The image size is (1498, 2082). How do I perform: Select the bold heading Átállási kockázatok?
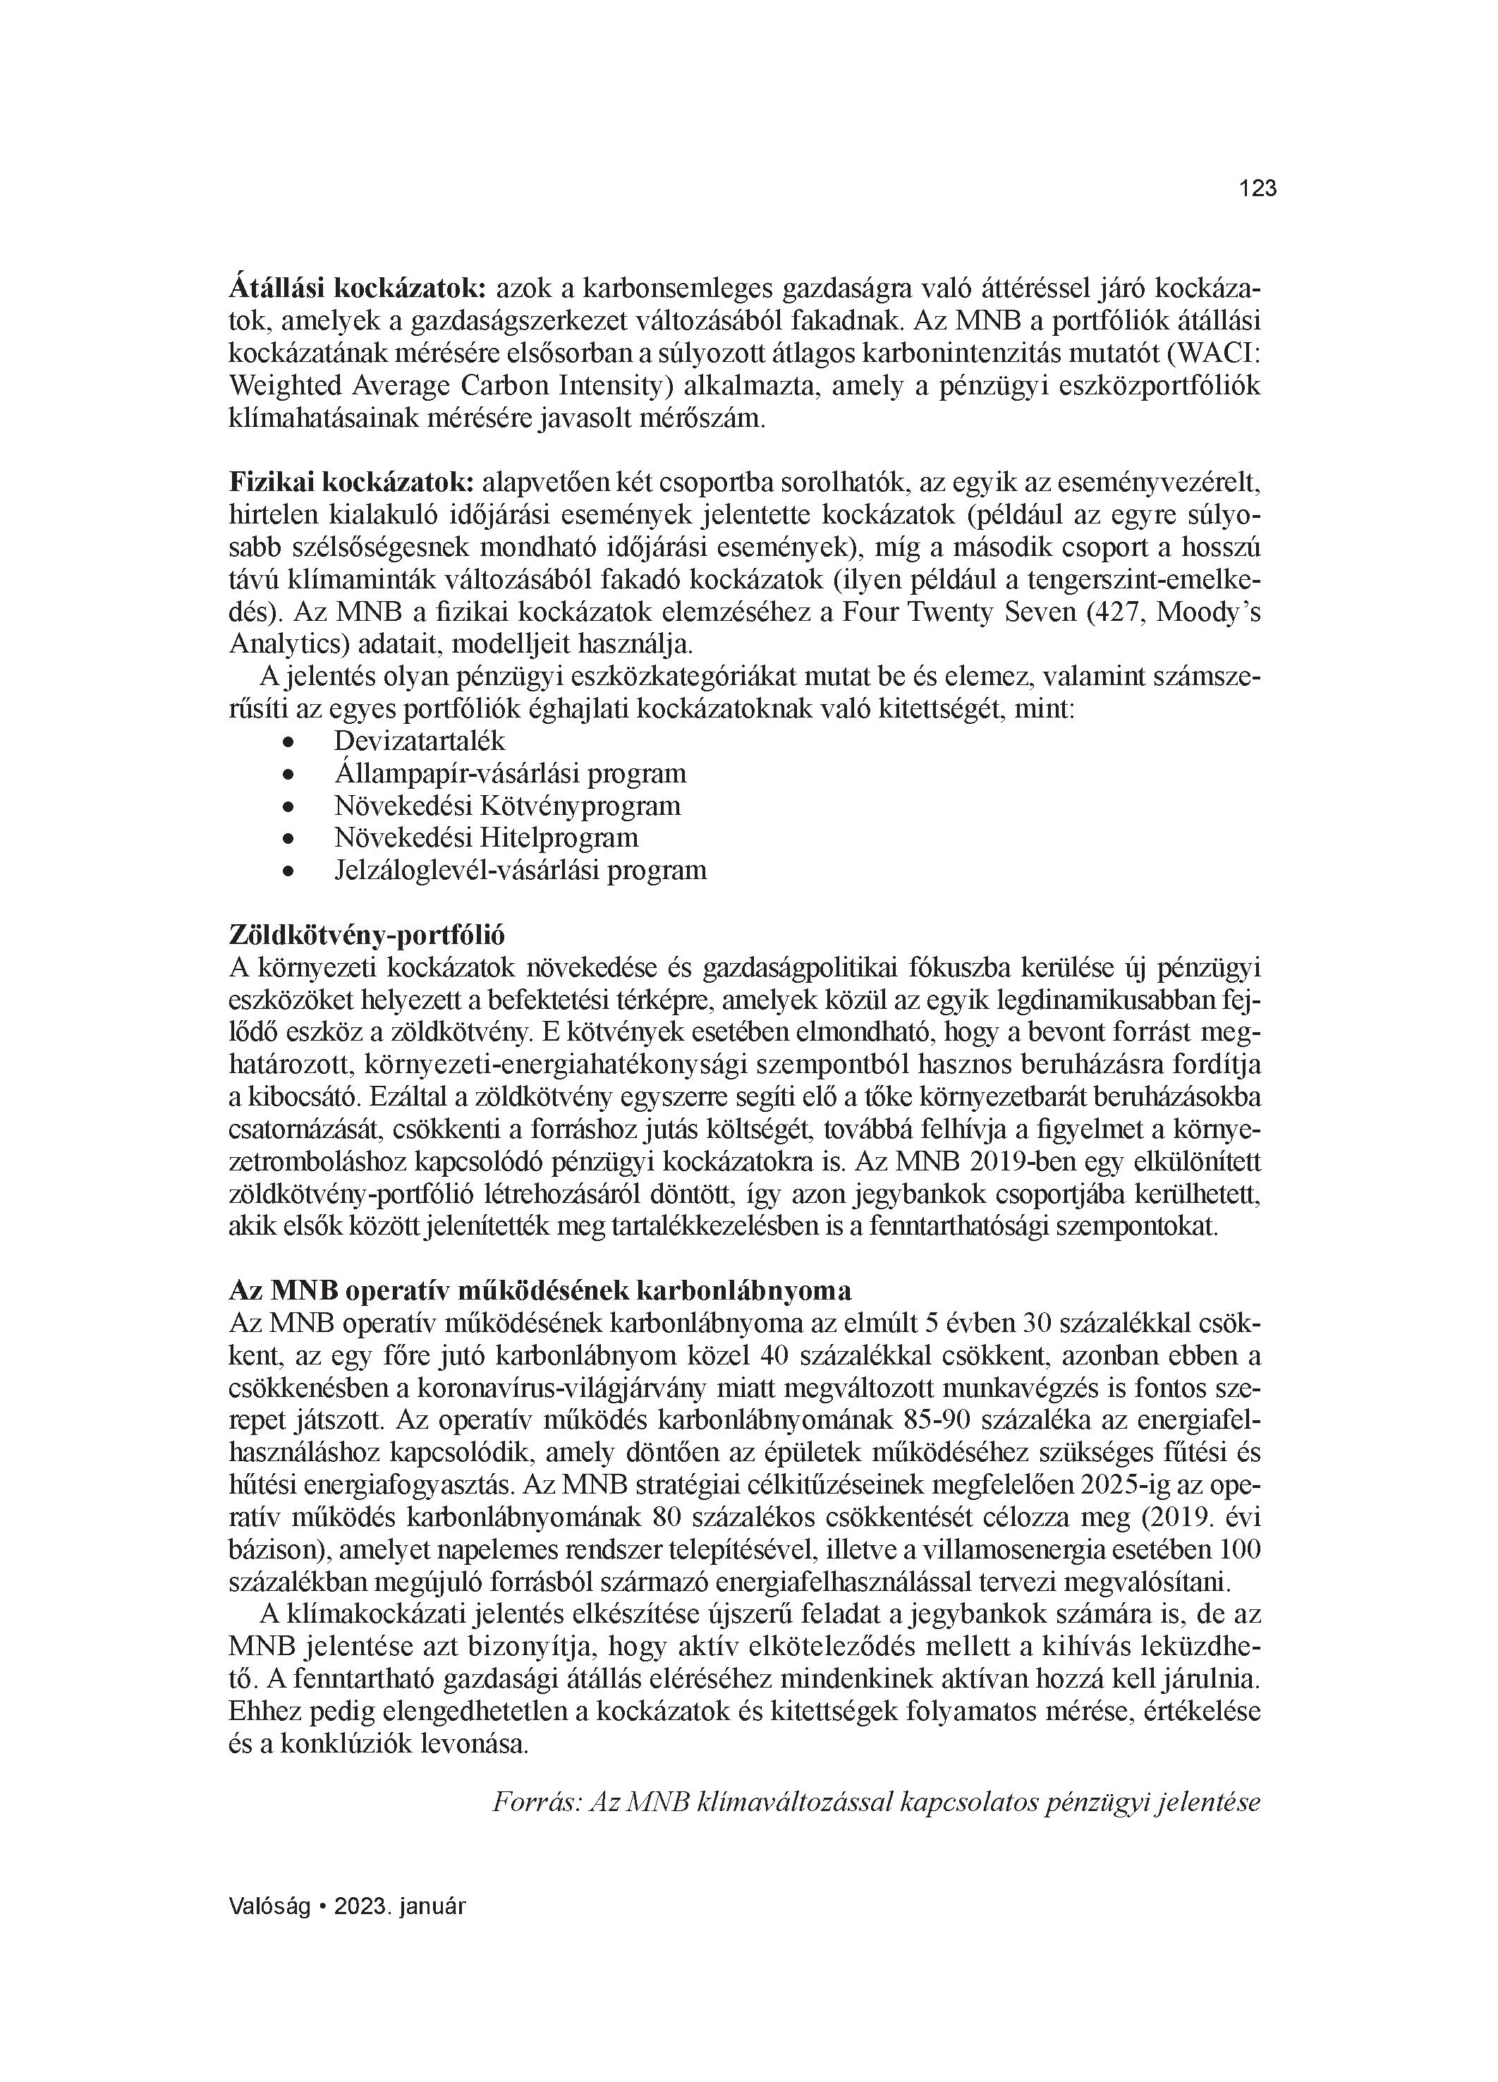click(356, 289)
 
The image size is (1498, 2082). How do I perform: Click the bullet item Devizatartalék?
click(420, 741)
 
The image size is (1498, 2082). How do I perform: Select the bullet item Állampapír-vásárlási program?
click(509, 773)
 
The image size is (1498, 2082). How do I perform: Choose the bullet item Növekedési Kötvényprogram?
click(506, 806)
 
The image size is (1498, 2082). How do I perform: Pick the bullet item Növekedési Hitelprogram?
click(485, 838)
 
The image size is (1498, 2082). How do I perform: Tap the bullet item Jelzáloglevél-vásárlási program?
click(520, 870)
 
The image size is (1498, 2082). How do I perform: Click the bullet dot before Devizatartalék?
click(289, 742)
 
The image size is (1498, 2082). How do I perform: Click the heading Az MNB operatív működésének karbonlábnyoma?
click(540, 1290)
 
